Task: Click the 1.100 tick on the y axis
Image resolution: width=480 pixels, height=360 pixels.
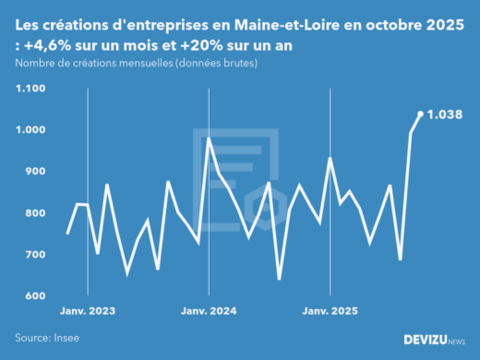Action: [x=30, y=89]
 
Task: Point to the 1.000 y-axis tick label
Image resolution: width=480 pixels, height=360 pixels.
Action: [x=30, y=130]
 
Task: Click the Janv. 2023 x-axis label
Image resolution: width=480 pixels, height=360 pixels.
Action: [x=88, y=311]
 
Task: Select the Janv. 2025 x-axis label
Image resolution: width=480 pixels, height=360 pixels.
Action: [x=330, y=311]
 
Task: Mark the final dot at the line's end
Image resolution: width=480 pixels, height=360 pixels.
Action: [x=421, y=114]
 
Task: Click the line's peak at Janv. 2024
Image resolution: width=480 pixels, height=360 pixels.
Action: [x=210, y=138]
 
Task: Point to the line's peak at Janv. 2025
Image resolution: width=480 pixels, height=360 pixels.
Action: [x=330, y=159]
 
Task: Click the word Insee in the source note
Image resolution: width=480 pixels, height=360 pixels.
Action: [x=66, y=338]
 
